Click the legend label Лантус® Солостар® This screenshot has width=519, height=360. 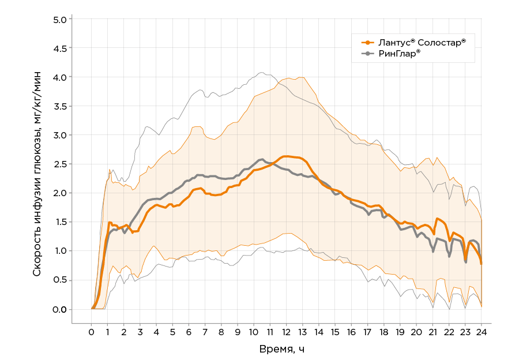tap(422, 42)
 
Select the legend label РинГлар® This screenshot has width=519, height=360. tap(399, 53)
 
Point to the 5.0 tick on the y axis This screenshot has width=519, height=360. tap(60, 19)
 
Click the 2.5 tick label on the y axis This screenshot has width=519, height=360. tap(60, 164)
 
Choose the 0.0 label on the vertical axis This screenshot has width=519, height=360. tap(60, 309)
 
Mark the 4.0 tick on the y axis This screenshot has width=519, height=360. tap(60, 77)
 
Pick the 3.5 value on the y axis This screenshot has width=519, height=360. tap(60, 106)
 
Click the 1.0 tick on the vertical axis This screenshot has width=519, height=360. tap(60, 251)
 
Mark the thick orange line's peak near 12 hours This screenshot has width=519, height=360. tap(284, 156)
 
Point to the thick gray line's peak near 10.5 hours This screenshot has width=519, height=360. tap(261, 159)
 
